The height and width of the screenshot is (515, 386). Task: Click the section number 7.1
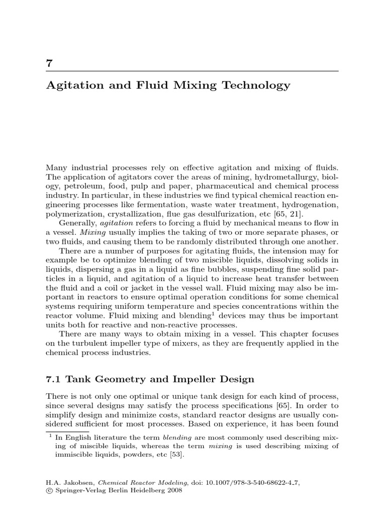[55, 379]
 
